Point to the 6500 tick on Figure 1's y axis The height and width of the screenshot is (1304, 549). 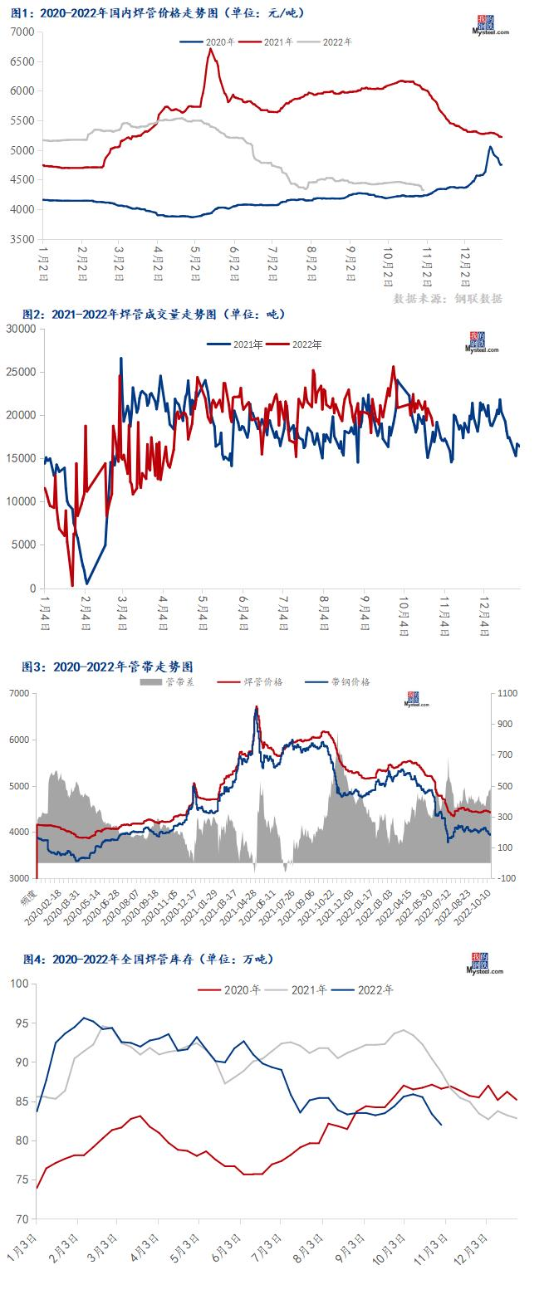tap(22, 61)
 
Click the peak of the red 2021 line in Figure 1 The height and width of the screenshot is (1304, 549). tap(210, 49)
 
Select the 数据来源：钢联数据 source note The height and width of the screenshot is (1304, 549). tap(448, 298)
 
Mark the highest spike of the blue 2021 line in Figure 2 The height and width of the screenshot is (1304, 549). tap(121, 359)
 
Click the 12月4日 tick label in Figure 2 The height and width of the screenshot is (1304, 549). tap(486, 615)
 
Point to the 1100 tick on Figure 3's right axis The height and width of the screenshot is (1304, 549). tap(507, 693)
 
